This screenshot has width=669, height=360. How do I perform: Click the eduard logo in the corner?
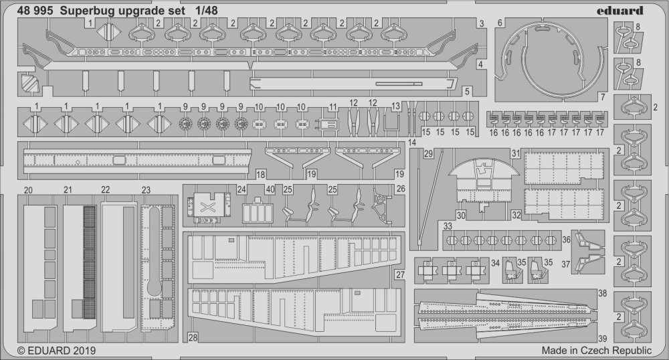620,10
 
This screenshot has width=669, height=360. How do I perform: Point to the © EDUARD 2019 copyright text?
56,351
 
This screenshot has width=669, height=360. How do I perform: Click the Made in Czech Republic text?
597,351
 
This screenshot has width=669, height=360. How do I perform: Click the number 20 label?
28,190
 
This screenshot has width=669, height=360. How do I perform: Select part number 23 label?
147,190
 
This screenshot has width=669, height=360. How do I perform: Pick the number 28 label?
193,337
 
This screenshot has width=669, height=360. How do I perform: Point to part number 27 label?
400,275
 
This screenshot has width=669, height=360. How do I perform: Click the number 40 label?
270,189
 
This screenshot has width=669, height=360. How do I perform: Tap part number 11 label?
333,106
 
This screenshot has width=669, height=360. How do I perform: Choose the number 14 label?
411,143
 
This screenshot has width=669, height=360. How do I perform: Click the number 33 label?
448,226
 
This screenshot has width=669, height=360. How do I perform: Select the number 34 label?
495,263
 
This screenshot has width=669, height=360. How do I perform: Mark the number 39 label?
603,339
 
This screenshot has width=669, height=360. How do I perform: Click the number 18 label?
261,173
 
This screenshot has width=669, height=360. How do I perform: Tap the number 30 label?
461,216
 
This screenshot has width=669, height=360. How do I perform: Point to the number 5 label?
467,91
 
